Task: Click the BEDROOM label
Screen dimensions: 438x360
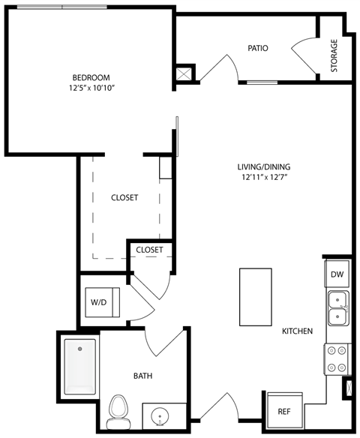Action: tap(91, 77)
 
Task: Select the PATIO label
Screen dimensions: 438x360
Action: tap(258, 49)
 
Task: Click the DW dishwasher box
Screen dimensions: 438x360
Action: tap(337, 274)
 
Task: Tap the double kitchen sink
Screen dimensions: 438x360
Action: tap(337, 307)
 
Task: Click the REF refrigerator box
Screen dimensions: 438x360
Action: tap(284, 411)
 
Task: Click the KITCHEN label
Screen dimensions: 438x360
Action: tap(297, 331)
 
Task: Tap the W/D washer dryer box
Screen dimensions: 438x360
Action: tap(99, 303)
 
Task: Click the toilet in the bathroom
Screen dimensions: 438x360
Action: tap(118, 409)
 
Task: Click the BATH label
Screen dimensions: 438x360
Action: tap(144, 376)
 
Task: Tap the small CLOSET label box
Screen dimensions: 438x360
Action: tap(150, 250)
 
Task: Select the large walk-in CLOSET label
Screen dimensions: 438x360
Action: tap(124, 198)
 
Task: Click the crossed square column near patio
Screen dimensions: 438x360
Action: tap(184, 73)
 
